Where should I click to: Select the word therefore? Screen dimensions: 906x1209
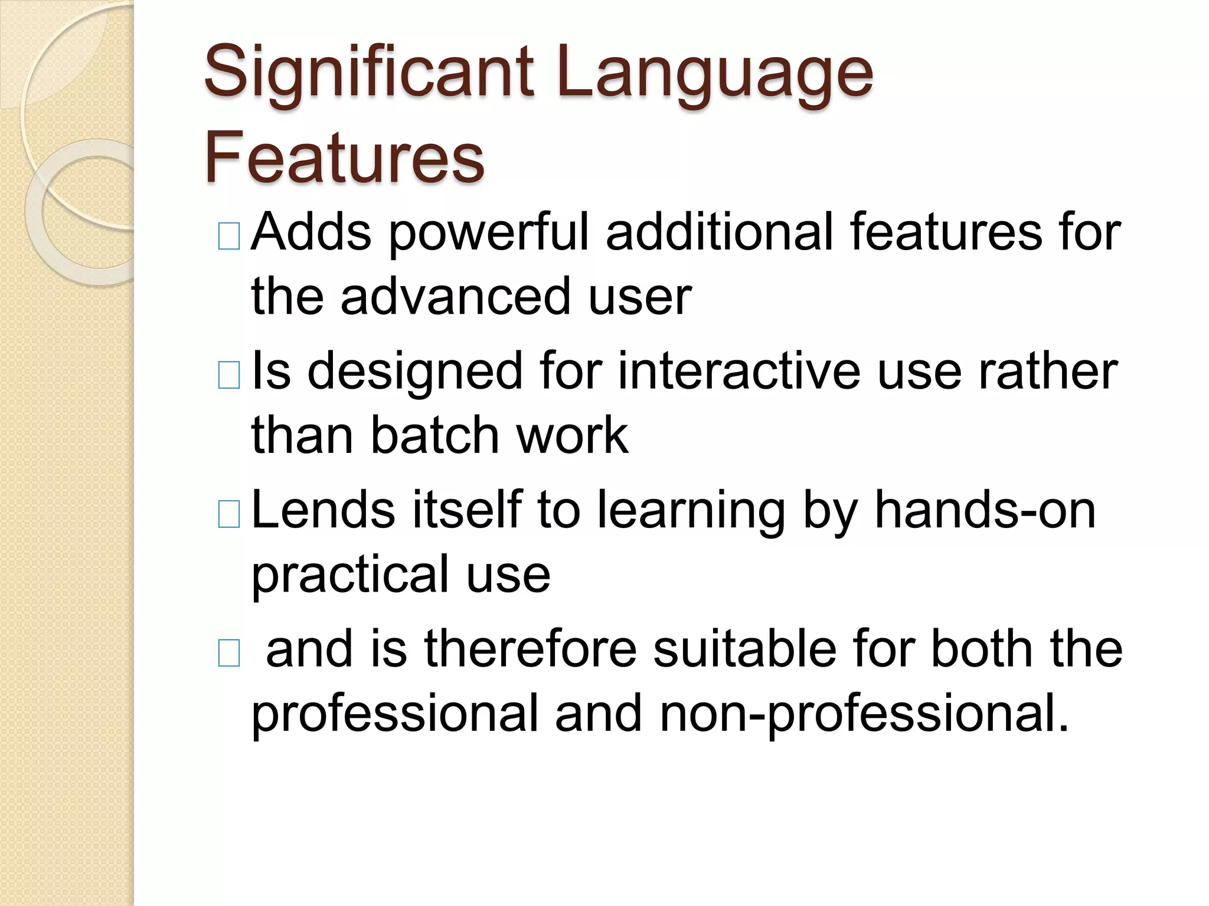point(530,648)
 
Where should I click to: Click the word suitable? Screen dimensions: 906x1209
point(745,648)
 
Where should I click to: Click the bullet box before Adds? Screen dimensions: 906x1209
point(229,237)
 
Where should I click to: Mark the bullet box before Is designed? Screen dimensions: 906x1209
point(229,375)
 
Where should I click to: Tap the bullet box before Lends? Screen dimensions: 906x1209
point(229,514)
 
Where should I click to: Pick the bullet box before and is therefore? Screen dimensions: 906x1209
point(229,653)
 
